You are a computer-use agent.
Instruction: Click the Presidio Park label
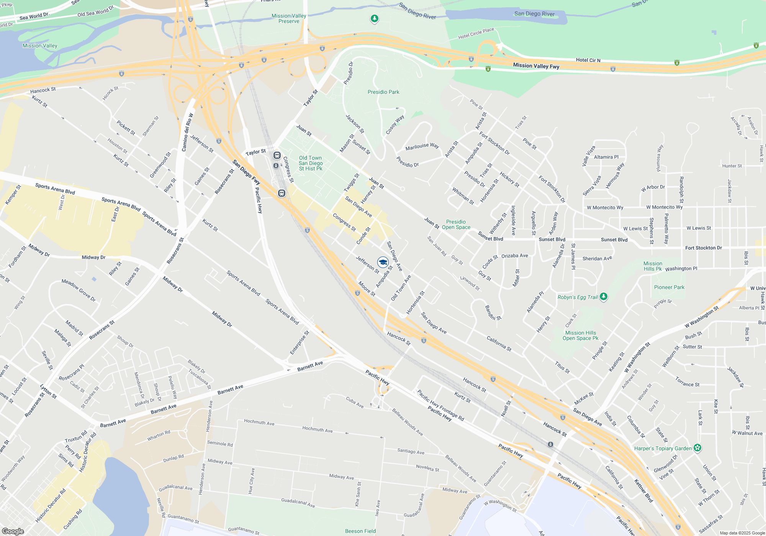(383, 92)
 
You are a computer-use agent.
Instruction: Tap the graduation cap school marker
(383, 262)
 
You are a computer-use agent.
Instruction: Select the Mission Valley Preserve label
(289, 18)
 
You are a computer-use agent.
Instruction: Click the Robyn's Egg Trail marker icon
(604, 297)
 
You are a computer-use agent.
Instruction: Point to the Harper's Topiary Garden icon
(697, 448)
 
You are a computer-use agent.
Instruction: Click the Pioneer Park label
(669, 287)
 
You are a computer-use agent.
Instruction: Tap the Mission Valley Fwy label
(536, 66)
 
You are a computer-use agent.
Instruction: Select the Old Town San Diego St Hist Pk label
(311, 163)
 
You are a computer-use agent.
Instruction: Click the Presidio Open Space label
(456, 224)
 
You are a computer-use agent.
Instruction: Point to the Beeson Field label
(360, 531)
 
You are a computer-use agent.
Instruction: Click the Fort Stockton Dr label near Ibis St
(704, 248)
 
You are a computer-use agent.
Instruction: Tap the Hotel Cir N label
(588, 60)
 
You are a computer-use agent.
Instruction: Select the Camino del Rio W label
(187, 132)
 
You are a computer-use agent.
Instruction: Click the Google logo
(13, 531)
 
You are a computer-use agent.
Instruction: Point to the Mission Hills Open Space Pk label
(580, 335)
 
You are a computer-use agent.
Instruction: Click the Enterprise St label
(300, 343)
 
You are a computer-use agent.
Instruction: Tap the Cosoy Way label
(394, 125)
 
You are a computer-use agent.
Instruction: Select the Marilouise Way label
(422, 147)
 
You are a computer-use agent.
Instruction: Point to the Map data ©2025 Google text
(742, 533)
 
